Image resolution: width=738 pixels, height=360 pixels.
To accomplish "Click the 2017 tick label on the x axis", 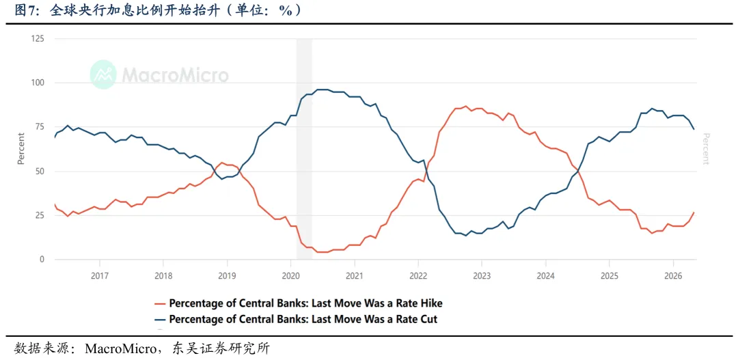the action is [99, 275].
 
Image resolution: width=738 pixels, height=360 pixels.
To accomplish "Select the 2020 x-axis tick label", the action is [290, 275].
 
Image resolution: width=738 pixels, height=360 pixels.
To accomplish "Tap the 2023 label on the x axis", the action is [482, 275].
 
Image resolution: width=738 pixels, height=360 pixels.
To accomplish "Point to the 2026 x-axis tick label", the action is [673, 275].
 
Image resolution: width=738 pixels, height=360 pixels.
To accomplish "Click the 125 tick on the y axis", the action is [37, 38].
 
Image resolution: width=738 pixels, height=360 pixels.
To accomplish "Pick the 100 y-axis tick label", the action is [37, 83].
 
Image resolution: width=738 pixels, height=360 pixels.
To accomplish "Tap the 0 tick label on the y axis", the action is [42, 260].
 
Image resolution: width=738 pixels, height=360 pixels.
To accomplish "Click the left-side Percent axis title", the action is [21, 149].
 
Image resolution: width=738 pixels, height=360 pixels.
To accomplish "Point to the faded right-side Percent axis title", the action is [705, 149].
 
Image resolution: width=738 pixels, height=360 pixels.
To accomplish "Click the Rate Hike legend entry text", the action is [305, 303].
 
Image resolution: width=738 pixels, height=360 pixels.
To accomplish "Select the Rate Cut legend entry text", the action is [303, 319].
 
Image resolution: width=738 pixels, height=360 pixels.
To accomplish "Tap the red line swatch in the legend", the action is [159, 303].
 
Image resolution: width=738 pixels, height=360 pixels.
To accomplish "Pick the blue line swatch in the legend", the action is [159, 320].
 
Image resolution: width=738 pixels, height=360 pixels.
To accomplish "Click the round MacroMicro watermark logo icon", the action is [104, 74].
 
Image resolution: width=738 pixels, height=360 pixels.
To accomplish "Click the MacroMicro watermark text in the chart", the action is [176, 75].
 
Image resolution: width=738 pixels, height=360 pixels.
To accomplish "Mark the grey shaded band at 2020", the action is [304, 149].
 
